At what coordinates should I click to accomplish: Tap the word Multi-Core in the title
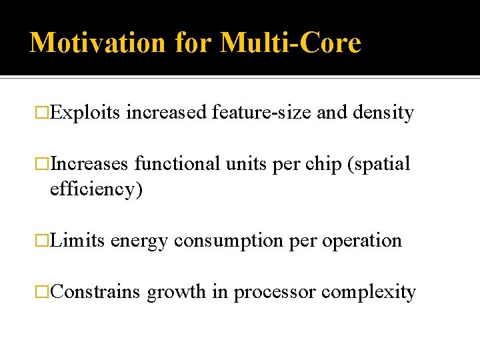point(291,43)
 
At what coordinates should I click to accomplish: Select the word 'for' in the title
point(193,43)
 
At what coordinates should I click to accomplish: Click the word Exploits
point(85,113)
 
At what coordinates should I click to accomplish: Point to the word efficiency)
point(97,189)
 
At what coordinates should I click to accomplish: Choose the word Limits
point(78,240)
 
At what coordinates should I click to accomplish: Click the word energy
point(139,241)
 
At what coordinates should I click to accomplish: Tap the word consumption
point(229,241)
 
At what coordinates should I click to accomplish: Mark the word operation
point(362,241)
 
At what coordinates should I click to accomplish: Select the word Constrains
point(95,291)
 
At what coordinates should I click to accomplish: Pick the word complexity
point(369,293)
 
